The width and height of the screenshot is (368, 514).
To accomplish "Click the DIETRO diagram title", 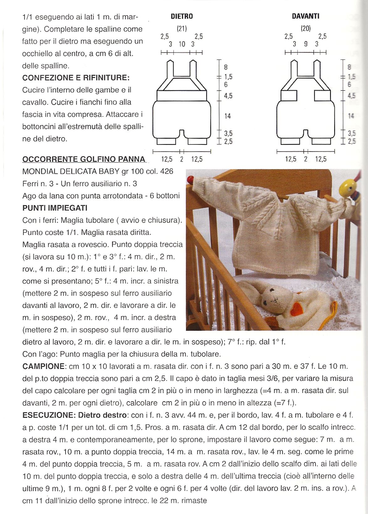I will [x=182, y=16].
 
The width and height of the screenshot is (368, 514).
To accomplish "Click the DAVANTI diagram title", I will [x=306, y=16].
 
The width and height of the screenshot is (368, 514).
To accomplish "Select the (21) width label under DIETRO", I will [x=182, y=29].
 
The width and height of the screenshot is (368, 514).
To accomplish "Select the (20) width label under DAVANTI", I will [x=306, y=29].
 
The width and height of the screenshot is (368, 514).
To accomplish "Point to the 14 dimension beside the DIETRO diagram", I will [x=228, y=116].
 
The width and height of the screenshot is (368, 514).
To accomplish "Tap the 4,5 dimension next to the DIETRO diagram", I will [x=228, y=96].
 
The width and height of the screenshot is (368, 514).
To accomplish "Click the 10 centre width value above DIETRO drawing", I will [x=182, y=44].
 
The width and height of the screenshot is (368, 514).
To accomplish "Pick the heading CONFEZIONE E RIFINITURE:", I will [x=76, y=78].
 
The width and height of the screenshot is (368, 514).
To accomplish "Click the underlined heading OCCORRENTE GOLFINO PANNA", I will [x=84, y=159].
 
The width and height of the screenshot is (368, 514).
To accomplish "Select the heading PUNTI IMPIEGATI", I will [x=55, y=208].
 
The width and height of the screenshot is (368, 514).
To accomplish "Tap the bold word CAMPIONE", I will [x=43, y=366].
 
